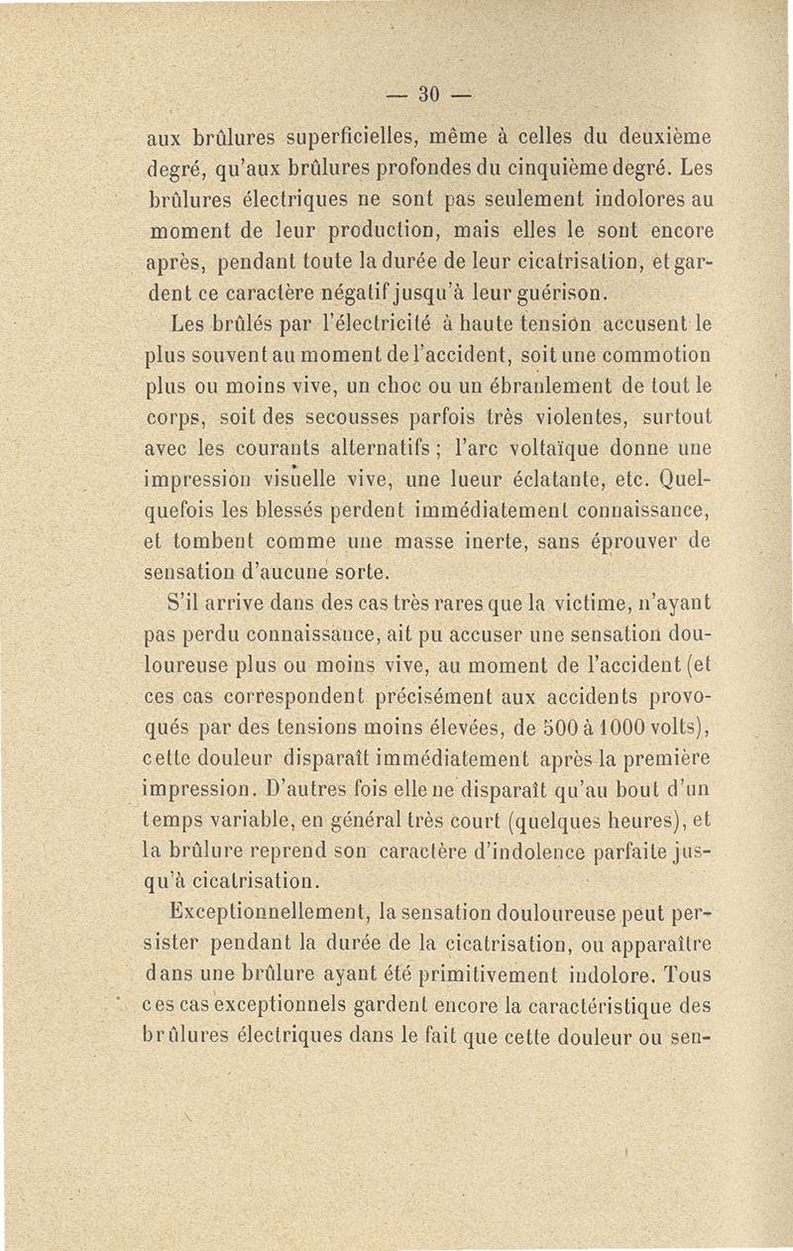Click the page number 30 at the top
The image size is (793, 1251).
tap(429, 95)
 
